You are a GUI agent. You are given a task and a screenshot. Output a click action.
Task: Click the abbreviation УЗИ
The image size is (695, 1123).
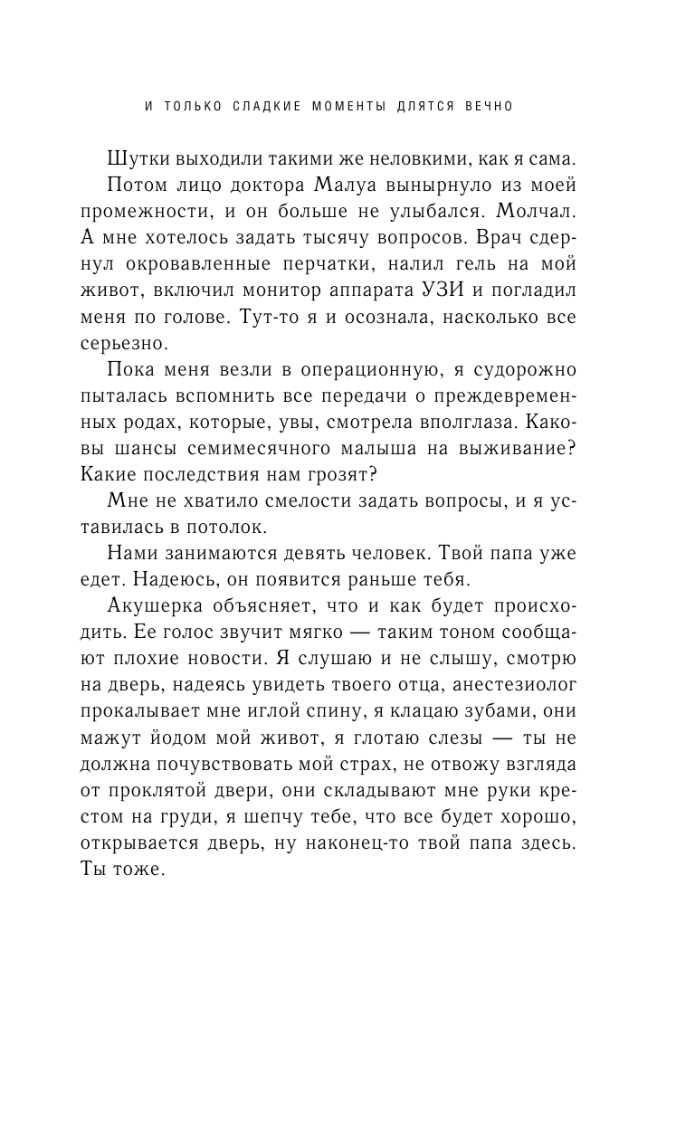tap(464, 290)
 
